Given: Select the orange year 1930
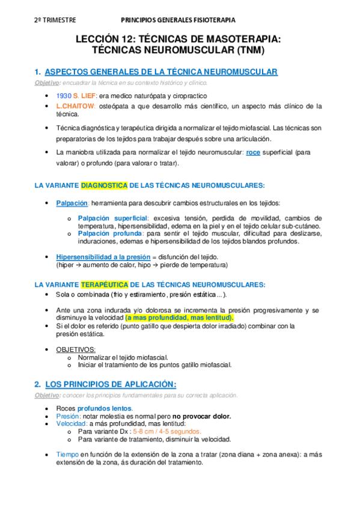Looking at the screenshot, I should tap(63, 96).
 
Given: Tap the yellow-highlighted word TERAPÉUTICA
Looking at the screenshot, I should tap(104, 284).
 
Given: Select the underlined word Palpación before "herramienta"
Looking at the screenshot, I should tap(72, 203).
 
